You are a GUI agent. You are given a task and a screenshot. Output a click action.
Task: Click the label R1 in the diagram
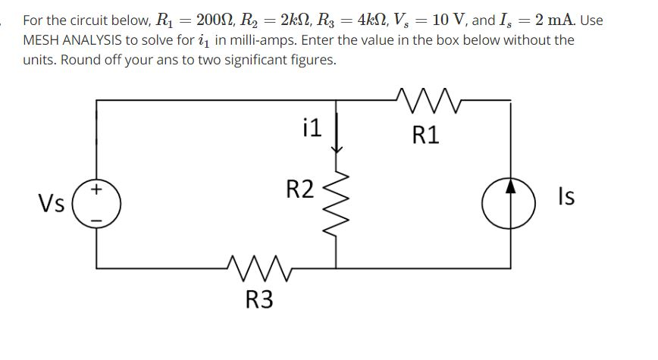(425, 136)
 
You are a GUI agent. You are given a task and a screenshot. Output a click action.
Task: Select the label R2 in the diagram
(299, 189)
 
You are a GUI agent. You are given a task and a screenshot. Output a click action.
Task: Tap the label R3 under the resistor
(260, 300)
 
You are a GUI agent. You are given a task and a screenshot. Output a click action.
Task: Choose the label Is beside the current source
(566, 197)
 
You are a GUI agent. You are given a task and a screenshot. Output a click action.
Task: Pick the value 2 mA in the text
(559, 20)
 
